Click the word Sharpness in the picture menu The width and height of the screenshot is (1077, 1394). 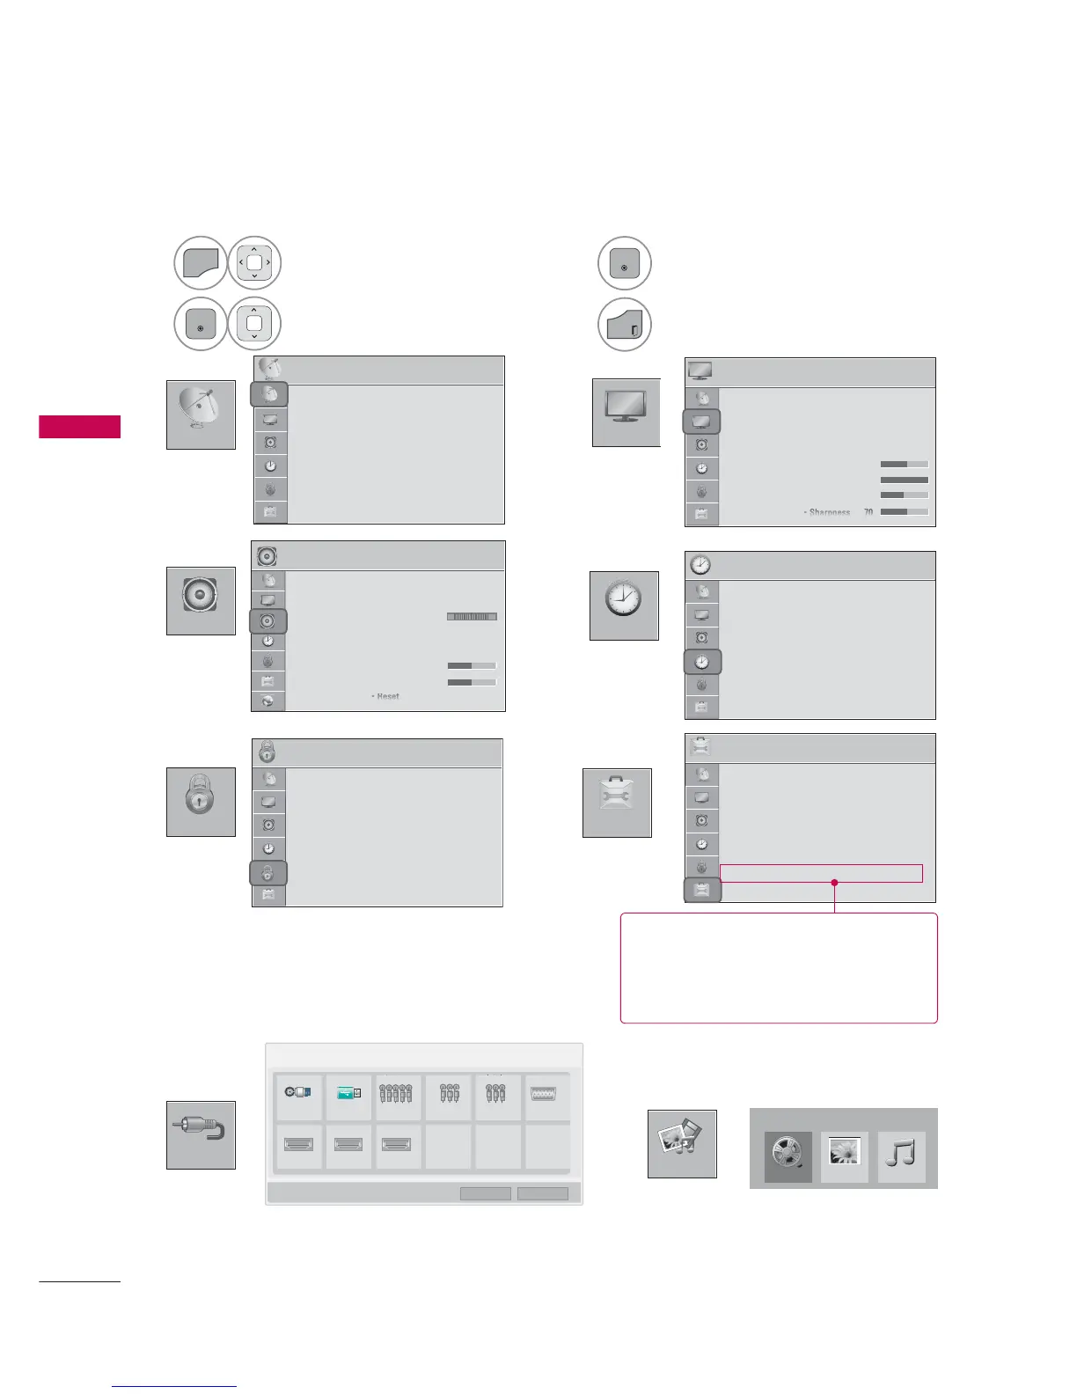tap(830, 512)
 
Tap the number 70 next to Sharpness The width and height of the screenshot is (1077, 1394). tap(868, 512)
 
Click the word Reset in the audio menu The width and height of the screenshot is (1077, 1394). tap(387, 696)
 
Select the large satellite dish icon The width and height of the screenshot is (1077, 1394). tap(201, 415)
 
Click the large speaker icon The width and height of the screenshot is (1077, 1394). tap(201, 601)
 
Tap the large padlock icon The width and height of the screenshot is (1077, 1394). tap(201, 802)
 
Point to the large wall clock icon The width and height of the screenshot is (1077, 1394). tap(623, 605)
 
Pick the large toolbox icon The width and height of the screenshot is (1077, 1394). tap(617, 803)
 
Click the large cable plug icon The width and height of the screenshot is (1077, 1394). tap(201, 1134)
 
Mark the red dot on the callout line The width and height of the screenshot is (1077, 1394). tap(834, 882)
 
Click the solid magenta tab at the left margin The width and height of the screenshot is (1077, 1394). tap(79, 427)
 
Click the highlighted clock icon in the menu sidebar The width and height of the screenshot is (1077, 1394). tap(702, 662)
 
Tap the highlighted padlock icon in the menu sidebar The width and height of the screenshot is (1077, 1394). tap(268, 873)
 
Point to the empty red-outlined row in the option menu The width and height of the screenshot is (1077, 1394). tap(821, 873)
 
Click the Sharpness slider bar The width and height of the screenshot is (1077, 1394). tap(904, 511)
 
